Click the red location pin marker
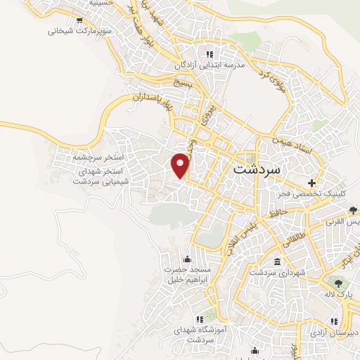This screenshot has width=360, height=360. pyautogui.click(x=181, y=165)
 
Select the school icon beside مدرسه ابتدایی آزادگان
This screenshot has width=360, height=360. pyautogui.click(x=209, y=54)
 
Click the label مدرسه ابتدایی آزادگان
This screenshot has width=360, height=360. pyautogui.click(x=210, y=65)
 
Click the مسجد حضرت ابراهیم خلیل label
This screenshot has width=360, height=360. pyautogui.click(x=188, y=274)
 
